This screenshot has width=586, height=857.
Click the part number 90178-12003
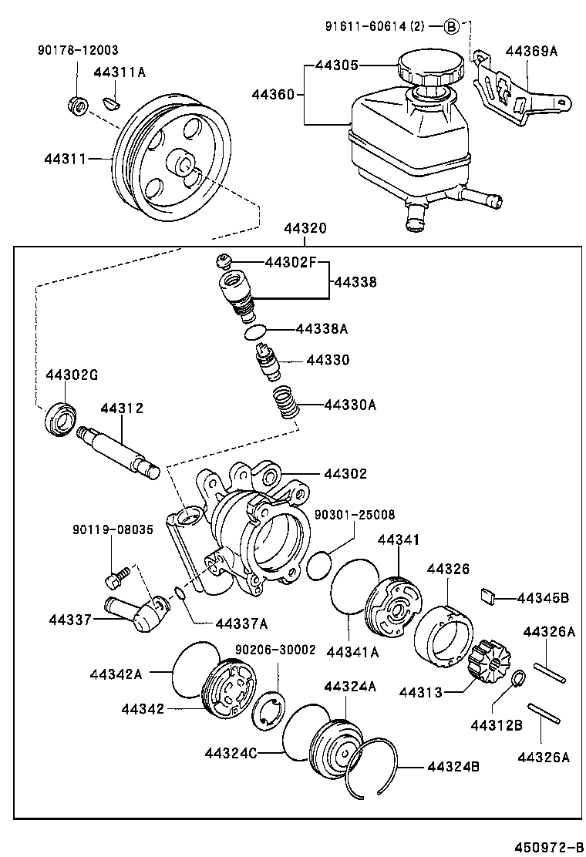click(78, 50)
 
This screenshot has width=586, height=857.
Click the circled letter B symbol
click(452, 27)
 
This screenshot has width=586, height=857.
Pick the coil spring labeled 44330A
click(286, 403)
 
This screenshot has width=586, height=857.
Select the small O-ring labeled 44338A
click(255, 332)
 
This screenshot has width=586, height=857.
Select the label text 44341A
click(352, 653)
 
